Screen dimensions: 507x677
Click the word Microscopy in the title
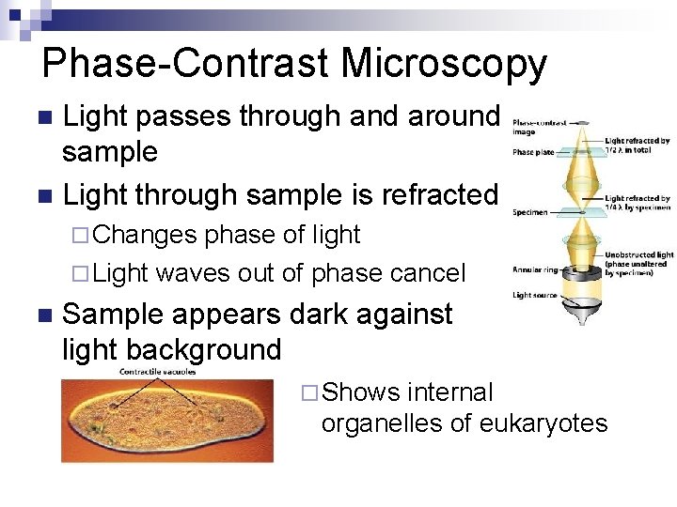tap(443, 64)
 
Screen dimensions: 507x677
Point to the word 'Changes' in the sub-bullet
tap(146, 234)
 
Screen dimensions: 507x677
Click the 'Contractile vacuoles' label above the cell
tap(159, 373)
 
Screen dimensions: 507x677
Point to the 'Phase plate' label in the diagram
tap(533, 153)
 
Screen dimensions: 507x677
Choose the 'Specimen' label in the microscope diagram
tap(530, 212)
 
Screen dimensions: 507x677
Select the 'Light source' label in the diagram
tap(535, 296)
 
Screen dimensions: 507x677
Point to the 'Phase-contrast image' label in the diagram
tap(538, 127)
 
